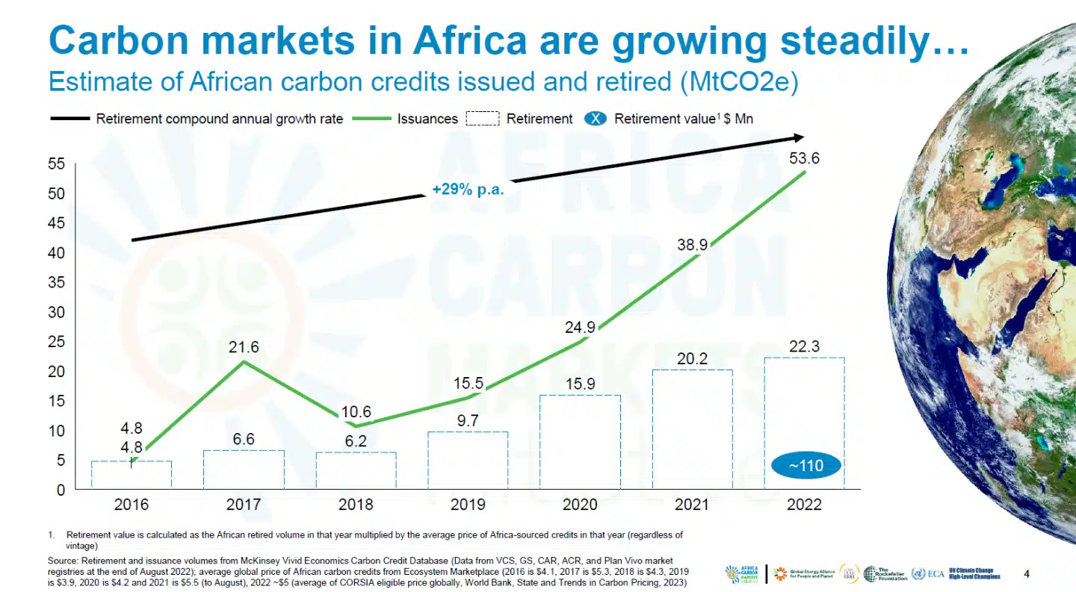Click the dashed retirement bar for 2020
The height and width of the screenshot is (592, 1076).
[580, 441]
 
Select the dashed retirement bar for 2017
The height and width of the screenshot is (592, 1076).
[244, 469]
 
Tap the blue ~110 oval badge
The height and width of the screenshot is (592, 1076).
[806, 466]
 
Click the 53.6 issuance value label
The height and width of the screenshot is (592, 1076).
[804, 158]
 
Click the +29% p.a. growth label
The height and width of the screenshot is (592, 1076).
[468, 190]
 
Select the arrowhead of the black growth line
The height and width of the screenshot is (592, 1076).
[797, 138]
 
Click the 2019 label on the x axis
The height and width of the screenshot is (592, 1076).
[468, 505]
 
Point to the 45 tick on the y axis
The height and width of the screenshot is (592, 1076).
[58, 223]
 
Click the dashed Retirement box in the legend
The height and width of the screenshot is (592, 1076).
[482, 119]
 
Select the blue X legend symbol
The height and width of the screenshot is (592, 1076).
[595, 119]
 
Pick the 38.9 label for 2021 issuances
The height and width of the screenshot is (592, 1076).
[691, 244]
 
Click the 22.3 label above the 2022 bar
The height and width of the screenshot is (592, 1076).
[804, 346]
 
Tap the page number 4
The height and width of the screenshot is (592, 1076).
[1026, 574]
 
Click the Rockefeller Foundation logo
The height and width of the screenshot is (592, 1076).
[885, 573]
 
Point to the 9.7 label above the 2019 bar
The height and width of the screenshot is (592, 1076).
[468, 421]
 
